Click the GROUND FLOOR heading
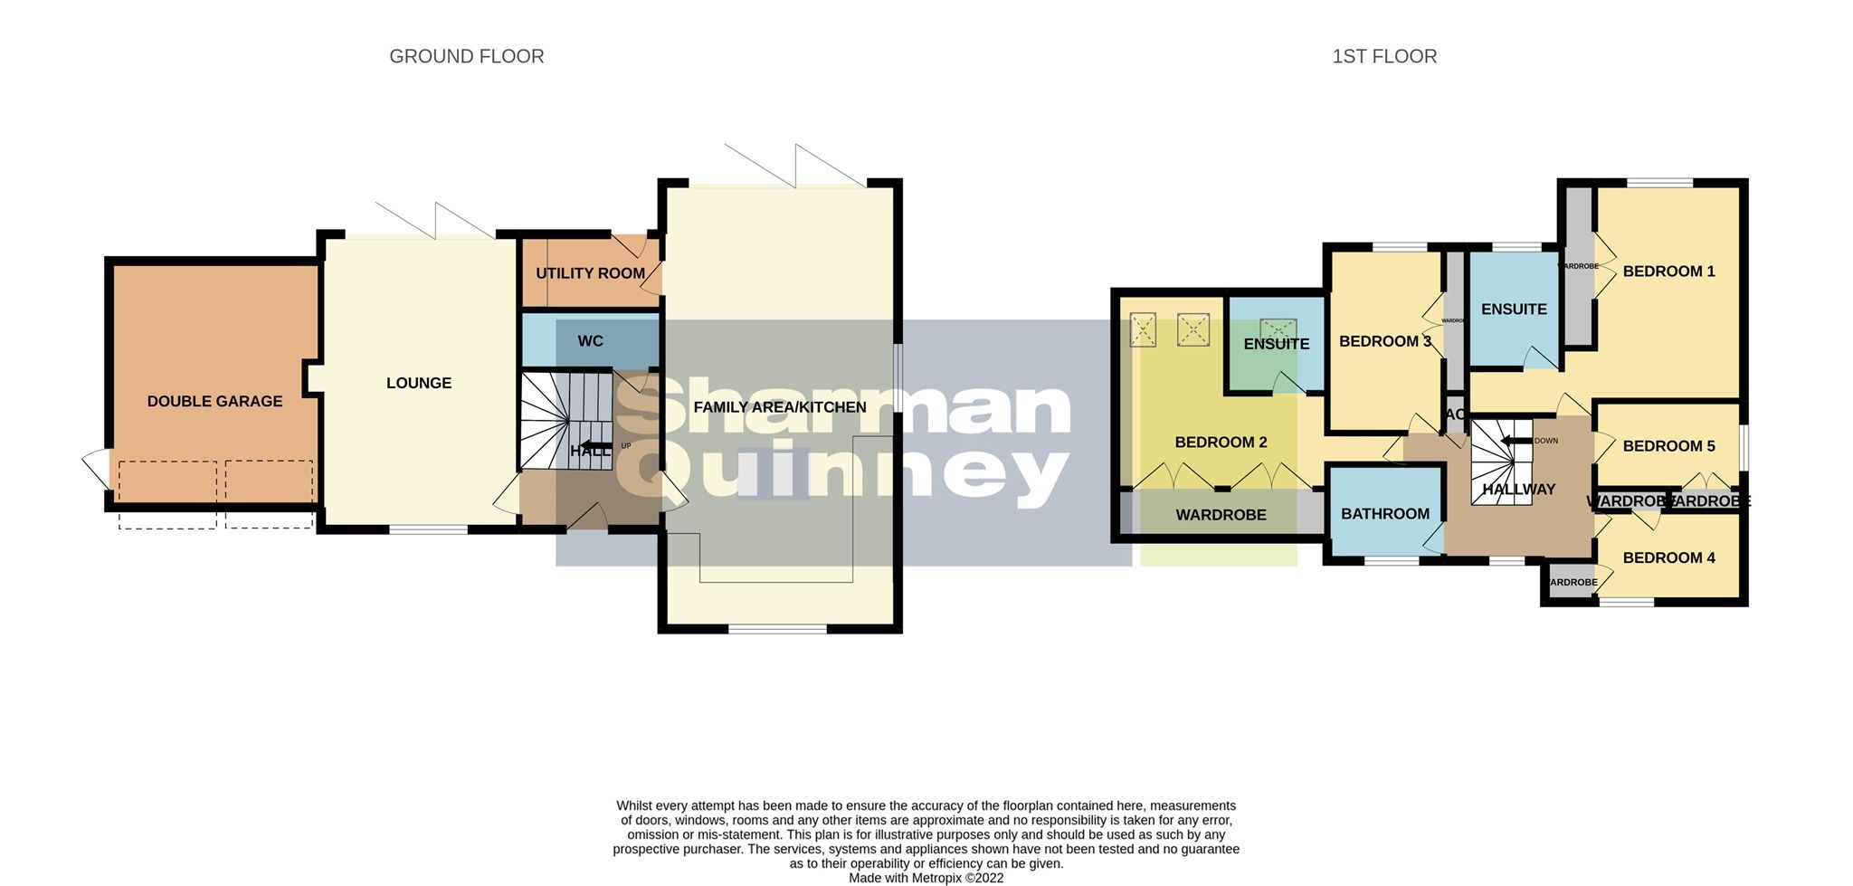click(466, 56)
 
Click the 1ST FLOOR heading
click(1383, 56)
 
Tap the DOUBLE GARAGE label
click(214, 401)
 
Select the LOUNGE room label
click(418, 383)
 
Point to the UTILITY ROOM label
click(590, 273)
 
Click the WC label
click(590, 341)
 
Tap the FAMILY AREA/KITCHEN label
click(779, 407)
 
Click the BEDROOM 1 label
click(1668, 272)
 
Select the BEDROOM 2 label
click(1221, 443)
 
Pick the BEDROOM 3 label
click(1384, 341)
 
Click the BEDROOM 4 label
click(1668, 557)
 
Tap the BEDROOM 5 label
click(1668, 446)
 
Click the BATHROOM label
click(1384, 514)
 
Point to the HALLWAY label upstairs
click(1518, 490)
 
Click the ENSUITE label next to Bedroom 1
click(1513, 310)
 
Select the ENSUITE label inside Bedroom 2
click(1276, 344)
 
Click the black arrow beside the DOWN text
click(1515, 441)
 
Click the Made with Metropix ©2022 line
click(926, 878)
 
